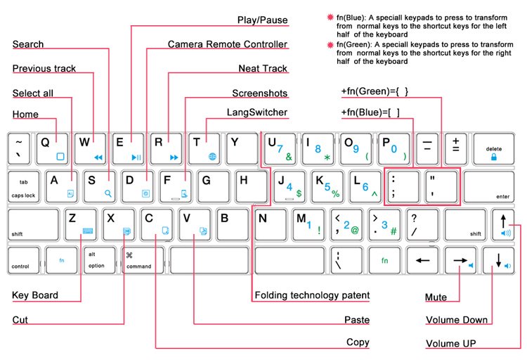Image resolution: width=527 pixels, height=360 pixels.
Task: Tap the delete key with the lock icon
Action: click(x=493, y=148)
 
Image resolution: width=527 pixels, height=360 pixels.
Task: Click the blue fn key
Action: click(x=61, y=260)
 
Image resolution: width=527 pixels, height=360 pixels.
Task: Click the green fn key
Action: click(x=385, y=260)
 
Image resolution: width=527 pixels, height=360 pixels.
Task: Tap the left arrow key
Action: click(x=422, y=260)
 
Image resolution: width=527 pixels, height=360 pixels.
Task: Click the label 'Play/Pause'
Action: click(x=262, y=20)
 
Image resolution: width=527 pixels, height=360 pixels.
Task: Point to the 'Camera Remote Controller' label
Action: click(x=227, y=44)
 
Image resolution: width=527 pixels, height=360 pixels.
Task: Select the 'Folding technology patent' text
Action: click(x=312, y=295)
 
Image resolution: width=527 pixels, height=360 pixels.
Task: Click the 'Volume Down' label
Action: click(x=456, y=320)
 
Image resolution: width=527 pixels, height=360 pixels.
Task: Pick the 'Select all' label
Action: click(x=32, y=93)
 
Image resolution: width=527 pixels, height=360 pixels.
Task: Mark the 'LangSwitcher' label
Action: click(x=256, y=112)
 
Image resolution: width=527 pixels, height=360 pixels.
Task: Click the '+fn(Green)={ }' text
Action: click(x=375, y=92)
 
